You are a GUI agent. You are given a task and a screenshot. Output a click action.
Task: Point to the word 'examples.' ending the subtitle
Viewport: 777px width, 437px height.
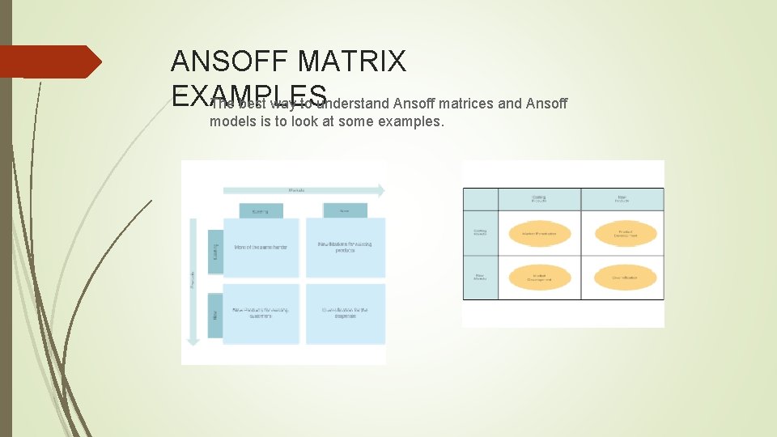point(414,122)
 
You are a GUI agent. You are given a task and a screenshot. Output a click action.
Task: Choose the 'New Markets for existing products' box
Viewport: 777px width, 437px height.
point(346,248)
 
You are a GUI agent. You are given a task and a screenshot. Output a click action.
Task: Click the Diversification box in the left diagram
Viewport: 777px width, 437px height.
point(346,313)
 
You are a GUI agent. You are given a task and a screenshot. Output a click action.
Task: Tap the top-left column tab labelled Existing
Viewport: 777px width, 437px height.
point(261,211)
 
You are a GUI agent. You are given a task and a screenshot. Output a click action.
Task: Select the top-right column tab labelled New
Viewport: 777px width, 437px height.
point(345,210)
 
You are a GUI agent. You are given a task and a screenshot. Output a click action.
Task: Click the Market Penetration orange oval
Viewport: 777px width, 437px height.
point(540,235)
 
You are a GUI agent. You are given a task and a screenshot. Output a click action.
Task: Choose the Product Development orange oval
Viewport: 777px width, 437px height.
point(626,235)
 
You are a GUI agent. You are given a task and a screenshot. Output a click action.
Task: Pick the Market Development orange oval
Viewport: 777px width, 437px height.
point(540,278)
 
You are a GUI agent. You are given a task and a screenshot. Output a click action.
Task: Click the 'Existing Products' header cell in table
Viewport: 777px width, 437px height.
point(539,199)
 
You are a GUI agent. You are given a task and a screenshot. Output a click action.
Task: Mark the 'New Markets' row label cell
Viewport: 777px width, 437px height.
point(480,278)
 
